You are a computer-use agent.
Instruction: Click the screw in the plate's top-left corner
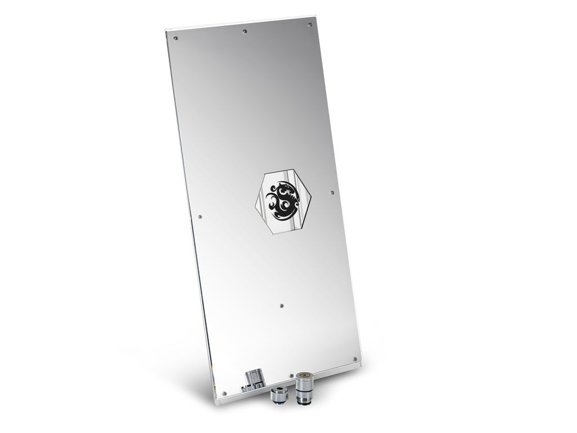pyautogui.click(x=176, y=38)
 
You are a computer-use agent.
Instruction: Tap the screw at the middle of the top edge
pyautogui.click(x=244, y=31)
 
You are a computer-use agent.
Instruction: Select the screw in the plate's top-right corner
pyautogui.click(x=309, y=25)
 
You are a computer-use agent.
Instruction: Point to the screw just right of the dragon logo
pyautogui.click(x=332, y=193)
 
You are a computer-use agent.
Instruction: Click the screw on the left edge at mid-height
pyautogui.click(x=201, y=216)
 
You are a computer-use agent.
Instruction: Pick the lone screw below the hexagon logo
pyautogui.click(x=281, y=306)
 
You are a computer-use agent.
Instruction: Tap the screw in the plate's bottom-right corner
pyautogui.click(x=354, y=359)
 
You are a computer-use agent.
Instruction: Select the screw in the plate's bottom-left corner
pyautogui.click(x=224, y=393)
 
